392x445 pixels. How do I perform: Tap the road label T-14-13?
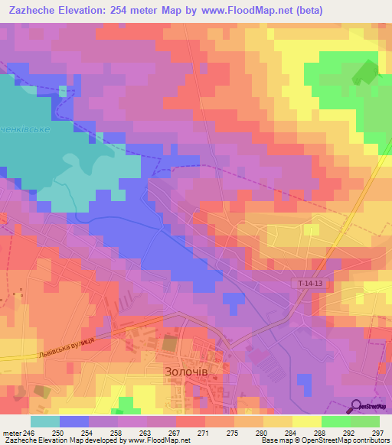click(x=310, y=284)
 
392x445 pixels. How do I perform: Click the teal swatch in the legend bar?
click(x=44, y=421)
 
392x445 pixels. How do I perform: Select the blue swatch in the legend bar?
click(x=73, y=421)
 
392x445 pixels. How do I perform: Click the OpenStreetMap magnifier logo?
click(x=356, y=406)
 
